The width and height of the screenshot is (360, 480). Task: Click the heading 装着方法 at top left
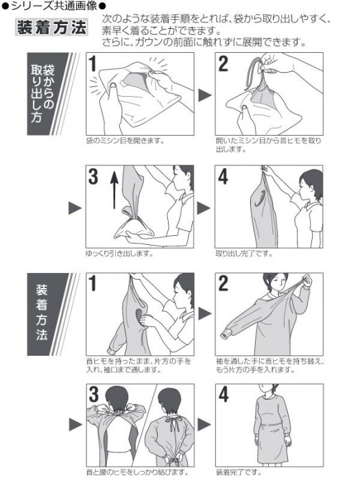point(51,27)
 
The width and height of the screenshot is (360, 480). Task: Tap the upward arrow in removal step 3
point(115,190)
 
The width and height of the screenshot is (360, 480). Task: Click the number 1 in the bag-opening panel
point(93,64)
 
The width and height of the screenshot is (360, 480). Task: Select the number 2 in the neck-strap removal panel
point(223,64)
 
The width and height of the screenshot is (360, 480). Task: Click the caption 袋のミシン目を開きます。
point(125,141)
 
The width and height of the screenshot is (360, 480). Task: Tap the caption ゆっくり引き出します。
point(119,254)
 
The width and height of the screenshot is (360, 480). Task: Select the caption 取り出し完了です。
point(244,254)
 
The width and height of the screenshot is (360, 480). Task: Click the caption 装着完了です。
point(239,472)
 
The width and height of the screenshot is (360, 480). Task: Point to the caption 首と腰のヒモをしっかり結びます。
point(137,472)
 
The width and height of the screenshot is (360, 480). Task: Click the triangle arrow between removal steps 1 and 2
point(205,95)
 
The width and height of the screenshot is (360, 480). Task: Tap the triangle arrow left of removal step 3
point(75,208)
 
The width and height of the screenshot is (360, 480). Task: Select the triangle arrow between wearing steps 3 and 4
point(205,424)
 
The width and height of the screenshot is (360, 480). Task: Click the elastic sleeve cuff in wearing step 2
point(226,335)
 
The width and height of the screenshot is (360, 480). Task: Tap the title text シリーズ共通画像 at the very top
point(54,5)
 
